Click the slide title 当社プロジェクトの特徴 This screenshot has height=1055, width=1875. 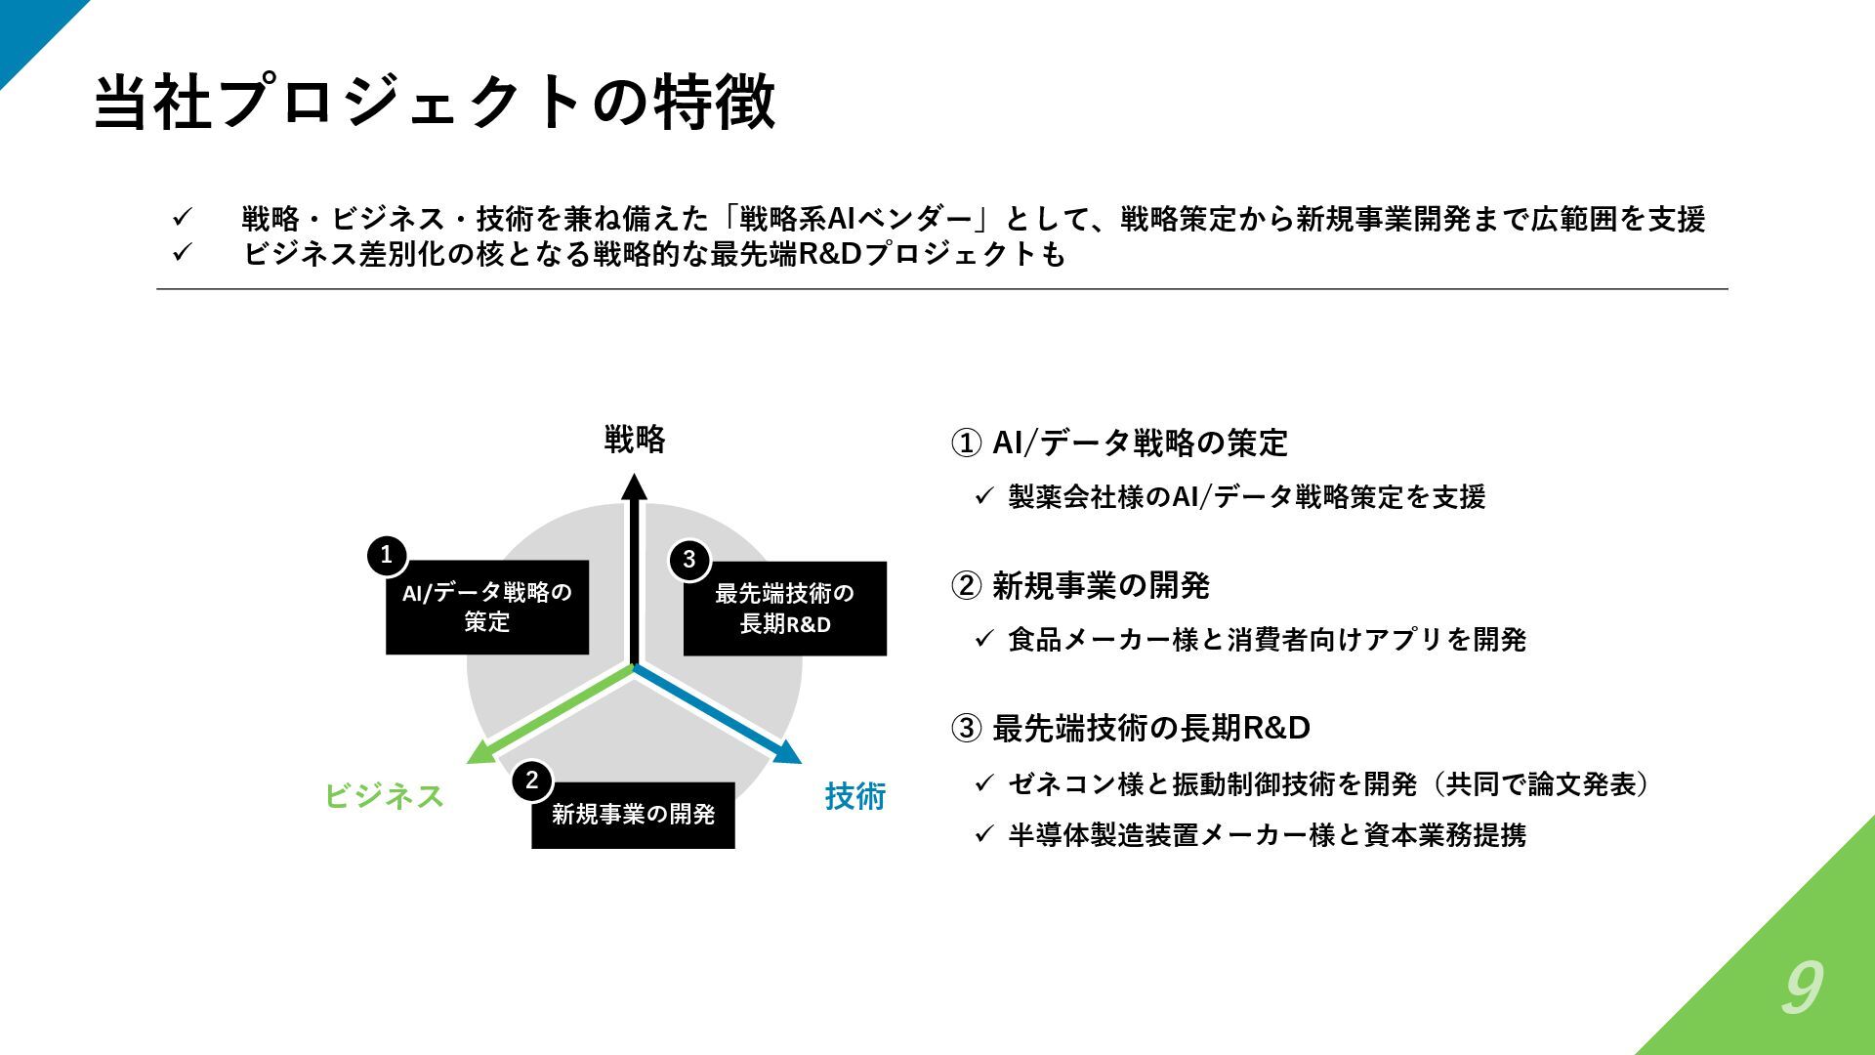[x=435, y=102]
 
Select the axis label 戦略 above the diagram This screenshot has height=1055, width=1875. [x=635, y=440]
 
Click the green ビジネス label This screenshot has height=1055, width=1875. [x=384, y=796]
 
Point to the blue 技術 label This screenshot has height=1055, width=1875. [x=854, y=796]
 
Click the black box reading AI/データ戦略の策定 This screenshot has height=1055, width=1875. [x=487, y=607]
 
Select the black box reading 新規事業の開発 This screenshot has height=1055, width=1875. [x=633, y=815]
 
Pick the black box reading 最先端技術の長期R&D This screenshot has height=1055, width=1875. [x=785, y=609]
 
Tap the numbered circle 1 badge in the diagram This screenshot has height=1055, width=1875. [x=387, y=555]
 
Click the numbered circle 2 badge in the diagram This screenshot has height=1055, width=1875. [x=531, y=781]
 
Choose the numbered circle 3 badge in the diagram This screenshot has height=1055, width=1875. [x=689, y=560]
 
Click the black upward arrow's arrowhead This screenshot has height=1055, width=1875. [x=635, y=486]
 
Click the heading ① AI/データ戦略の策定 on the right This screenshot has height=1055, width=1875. [x=1119, y=443]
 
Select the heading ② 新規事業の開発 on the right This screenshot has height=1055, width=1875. [x=1080, y=586]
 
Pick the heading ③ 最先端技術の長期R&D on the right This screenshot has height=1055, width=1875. [x=1131, y=728]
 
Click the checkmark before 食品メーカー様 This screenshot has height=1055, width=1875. [x=983, y=640]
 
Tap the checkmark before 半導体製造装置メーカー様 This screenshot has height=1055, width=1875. [x=983, y=835]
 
